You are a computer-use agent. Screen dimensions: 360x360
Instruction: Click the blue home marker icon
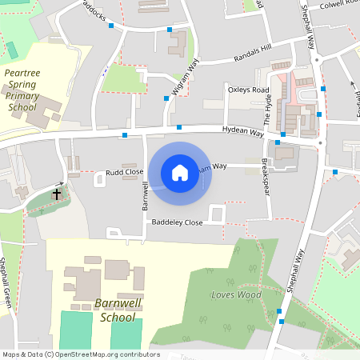pos(180,173)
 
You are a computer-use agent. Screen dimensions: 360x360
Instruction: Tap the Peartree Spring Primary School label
pos(22,90)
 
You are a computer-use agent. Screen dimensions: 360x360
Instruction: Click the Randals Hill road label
pos(253,54)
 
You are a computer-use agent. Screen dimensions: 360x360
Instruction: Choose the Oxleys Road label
pos(248,90)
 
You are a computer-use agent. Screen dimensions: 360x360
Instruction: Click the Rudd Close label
pos(125,172)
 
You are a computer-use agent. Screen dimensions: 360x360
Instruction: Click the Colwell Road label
pos(337,3)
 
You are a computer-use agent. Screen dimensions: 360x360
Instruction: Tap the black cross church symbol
pos(57,194)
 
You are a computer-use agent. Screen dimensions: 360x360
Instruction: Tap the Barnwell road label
pos(146,196)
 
